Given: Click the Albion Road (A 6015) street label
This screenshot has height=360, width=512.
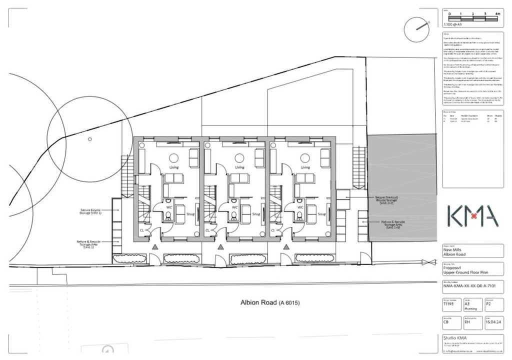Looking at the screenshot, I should pos(269,303).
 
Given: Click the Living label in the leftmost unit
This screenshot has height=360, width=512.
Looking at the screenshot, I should pos(174,167).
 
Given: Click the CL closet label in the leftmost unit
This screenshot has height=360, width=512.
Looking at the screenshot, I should pos(142,230).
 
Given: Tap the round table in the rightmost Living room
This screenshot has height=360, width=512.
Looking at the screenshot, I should pos(304,157).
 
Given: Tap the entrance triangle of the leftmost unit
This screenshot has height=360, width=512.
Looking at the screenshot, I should pos(155,247).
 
